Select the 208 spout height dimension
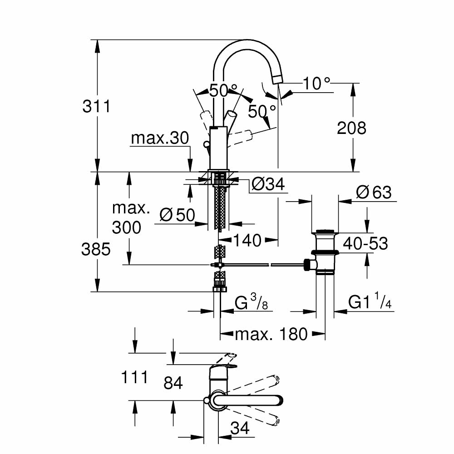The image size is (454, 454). [351, 128]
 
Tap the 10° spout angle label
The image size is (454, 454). [316, 83]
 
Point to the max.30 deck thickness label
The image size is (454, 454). [159, 138]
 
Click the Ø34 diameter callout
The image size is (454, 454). [268, 184]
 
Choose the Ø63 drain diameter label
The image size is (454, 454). [373, 192]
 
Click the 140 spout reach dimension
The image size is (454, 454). [248, 240]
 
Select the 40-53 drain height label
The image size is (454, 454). [365, 243]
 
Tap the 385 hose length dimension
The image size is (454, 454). [96, 249]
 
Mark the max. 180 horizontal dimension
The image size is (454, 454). [271, 335]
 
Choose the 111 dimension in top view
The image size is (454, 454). [134, 377]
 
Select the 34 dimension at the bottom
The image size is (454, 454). [240, 428]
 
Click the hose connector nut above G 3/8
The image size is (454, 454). [220, 286]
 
